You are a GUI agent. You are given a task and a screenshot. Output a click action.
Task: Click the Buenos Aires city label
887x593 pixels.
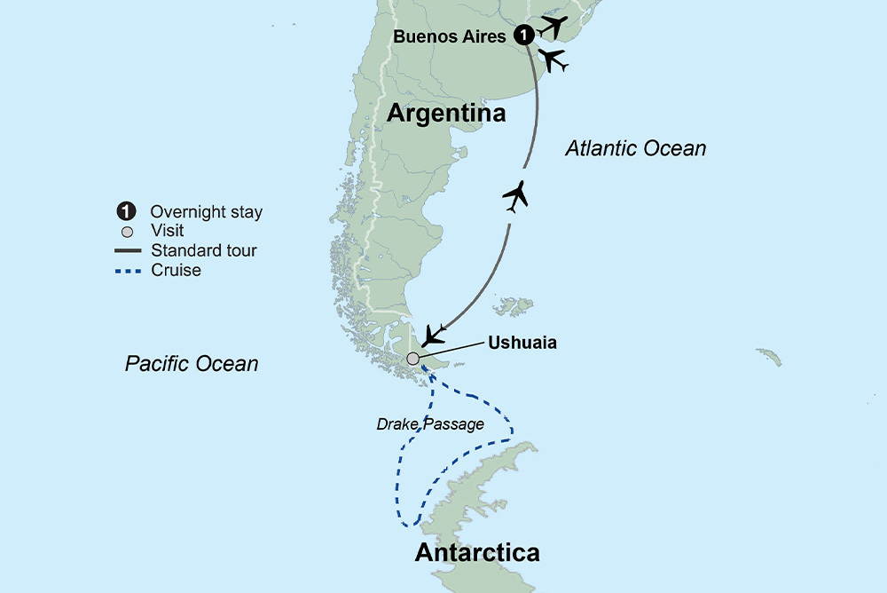click(451, 36)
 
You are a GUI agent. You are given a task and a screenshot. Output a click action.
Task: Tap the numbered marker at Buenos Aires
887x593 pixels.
click(525, 36)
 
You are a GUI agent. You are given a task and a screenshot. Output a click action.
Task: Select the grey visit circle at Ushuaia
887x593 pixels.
click(412, 359)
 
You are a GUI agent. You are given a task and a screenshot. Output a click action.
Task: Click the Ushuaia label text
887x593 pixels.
click(522, 342)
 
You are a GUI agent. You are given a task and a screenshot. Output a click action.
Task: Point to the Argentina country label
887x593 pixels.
click(446, 114)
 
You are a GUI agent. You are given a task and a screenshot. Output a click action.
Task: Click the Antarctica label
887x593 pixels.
click(477, 552)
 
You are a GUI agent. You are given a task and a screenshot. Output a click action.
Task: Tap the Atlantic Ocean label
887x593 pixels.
click(636, 148)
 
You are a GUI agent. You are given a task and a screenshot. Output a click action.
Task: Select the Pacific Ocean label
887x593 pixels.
click(192, 363)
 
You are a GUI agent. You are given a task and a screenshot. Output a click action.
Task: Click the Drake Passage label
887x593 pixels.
click(430, 424)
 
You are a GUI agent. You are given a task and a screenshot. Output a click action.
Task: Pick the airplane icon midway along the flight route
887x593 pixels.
click(515, 195)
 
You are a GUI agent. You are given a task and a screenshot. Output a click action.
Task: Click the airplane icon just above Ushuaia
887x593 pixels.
click(434, 335)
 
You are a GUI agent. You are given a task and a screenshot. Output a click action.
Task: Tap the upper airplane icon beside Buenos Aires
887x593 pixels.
click(553, 25)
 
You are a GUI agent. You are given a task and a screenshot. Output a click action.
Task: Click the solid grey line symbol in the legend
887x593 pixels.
click(128, 251)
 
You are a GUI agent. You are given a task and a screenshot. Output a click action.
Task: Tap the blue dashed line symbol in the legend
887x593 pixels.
click(128, 271)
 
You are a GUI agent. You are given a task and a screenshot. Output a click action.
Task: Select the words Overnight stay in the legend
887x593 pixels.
click(207, 211)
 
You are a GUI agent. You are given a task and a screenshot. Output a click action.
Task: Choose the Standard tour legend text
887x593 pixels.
click(204, 250)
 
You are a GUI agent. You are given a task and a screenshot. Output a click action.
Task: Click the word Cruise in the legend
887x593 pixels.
click(176, 270)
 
